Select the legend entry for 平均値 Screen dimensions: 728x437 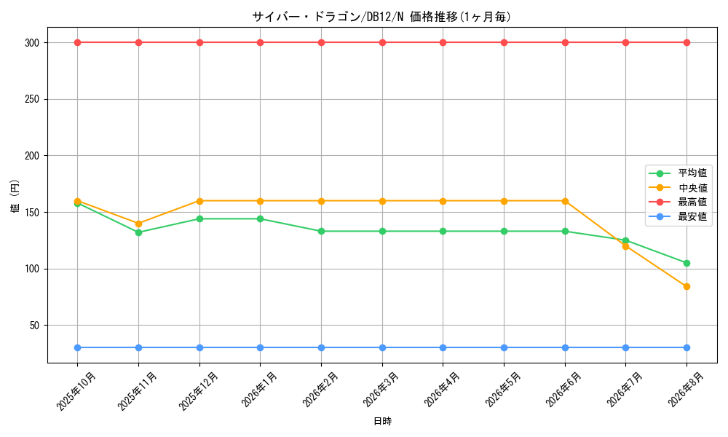point(678,173)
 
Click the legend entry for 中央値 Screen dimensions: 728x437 point(678,188)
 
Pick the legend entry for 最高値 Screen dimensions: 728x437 point(678,202)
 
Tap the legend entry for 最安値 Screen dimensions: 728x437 point(678,216)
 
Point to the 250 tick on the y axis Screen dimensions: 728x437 point(32,99)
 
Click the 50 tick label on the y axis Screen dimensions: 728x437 point(35,326)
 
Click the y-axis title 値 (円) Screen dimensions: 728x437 point(15,195)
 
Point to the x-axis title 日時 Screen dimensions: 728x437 point(383,421)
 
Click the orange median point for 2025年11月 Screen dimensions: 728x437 point(138,224)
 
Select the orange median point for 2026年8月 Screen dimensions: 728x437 point(687,286)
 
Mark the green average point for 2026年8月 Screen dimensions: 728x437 point(687,264)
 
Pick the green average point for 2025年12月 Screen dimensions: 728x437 point(199,219)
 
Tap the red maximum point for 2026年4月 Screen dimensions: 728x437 point(443,43)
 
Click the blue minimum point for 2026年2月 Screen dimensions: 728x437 point(321,348)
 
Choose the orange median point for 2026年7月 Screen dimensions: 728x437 point(625,246)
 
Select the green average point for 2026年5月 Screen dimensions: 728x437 point(504,232)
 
